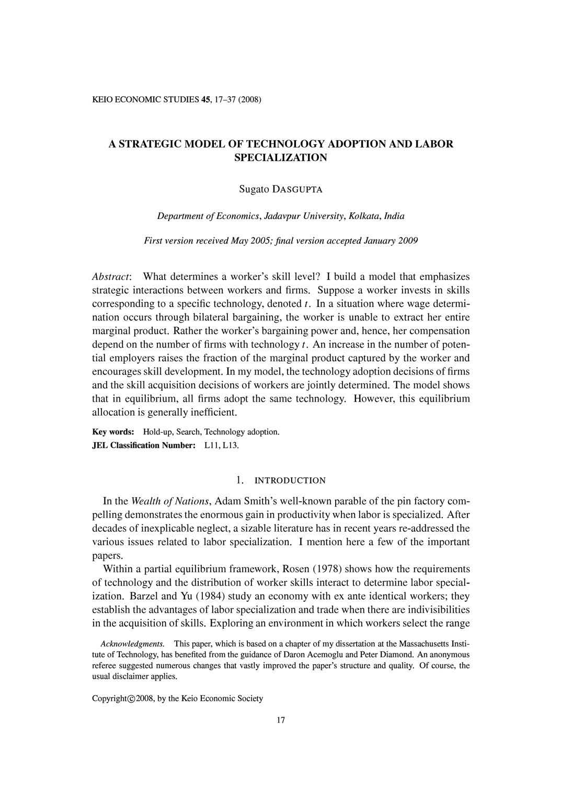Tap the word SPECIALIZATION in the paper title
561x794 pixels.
(281, 157)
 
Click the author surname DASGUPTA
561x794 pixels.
(296, 190)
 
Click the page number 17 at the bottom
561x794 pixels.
(281, 720)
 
